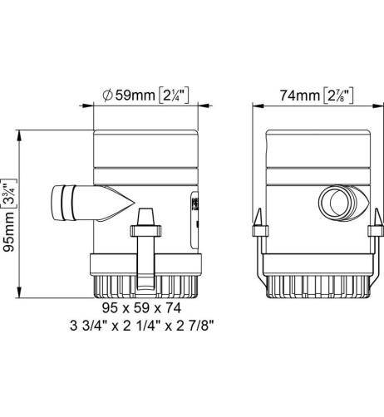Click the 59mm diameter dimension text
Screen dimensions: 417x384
(x=133, y=96)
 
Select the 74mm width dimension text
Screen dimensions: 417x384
(x=292, y=96)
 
